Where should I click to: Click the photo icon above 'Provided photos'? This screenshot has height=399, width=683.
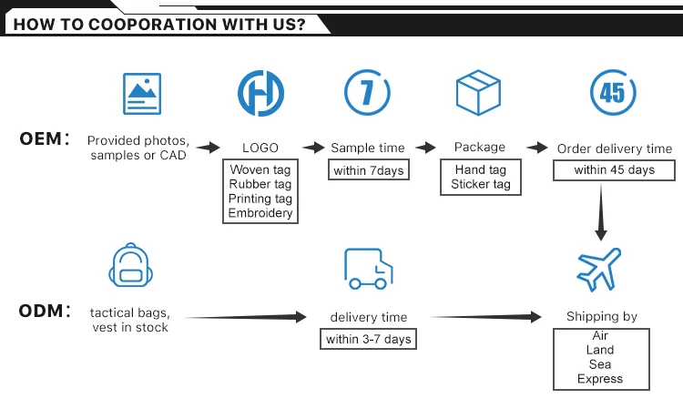[x=136, y=93]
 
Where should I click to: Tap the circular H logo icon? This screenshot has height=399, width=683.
[x=260, y=93]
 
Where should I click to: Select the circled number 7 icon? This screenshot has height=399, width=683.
[x=368, y=93]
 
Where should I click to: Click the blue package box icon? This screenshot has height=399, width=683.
[x=479, y=92]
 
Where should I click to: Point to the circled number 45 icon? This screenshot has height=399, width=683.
[x=613, y=93]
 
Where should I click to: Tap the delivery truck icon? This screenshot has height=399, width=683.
[x=368, y=268]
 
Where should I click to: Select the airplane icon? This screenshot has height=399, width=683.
[x=600, y=269]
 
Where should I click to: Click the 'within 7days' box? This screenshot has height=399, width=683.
[x=368, y=170]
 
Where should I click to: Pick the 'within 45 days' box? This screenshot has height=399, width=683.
[x=614, y=170]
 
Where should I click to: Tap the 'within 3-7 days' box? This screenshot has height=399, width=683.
[x=369, y=340]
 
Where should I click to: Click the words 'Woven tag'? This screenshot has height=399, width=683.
[x=260, y=170]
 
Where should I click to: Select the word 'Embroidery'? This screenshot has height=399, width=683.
[x=260, y=213]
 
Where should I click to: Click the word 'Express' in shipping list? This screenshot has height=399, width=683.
[x=600, y=378]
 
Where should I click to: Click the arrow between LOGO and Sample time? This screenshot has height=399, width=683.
[x=313, y=148]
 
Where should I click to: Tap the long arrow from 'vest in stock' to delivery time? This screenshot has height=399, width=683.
[x=246, y=318]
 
